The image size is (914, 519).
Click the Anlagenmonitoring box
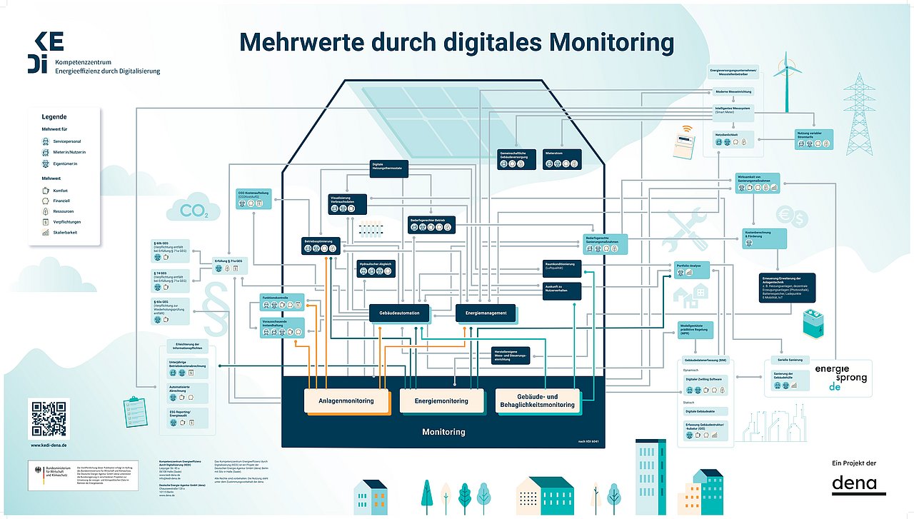(x=348, y=400)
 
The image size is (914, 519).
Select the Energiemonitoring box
(x=441, y=400)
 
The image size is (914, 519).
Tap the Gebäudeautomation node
(x=399, y=313)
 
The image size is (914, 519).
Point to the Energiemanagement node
(x=486, y=313)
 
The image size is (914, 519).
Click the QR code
(x=49, y=418)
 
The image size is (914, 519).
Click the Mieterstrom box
(x=562, y=159)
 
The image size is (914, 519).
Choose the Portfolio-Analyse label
(x=689, y=266)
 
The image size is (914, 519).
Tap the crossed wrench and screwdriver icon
(x=683, y=228)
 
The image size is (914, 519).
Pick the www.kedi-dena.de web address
(x=49, y=445)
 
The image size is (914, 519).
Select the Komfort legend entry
(x=60, y=191)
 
